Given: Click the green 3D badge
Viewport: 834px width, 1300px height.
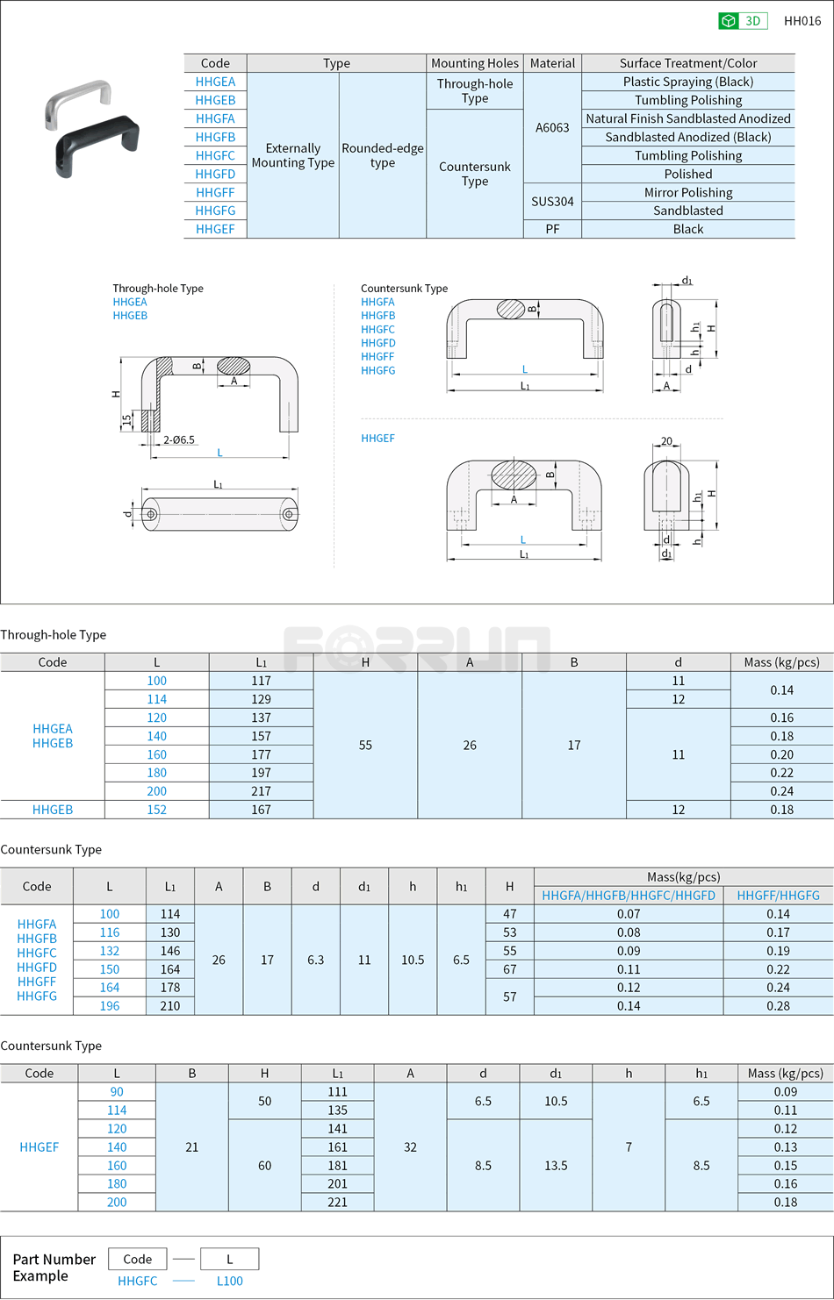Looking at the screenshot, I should (x=743, y=21).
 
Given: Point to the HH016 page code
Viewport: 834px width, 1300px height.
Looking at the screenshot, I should (x=802, y=21).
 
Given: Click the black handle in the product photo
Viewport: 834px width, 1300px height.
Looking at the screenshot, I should (x=97, y=144).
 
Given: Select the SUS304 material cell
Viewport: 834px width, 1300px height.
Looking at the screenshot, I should (x=552, y=202).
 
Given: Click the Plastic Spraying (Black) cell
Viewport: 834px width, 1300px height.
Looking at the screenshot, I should (x=688, y=82).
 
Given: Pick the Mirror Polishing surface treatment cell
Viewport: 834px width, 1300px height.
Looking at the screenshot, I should (x=688, y=192).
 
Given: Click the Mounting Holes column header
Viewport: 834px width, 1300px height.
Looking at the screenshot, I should (x=475, y=63).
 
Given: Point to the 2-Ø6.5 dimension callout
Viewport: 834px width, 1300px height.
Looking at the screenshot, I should (x=179, y=439).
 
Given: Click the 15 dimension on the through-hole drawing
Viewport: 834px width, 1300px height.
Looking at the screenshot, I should (x=127, y=420).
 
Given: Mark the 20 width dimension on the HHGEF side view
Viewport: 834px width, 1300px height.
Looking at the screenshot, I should (x=666, y=441).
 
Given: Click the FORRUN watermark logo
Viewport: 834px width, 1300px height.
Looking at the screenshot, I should (x=417, y=649).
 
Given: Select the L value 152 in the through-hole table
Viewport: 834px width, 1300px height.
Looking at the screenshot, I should (x=157, y=810).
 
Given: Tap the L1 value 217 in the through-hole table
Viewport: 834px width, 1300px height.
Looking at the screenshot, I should (x=262, y=791).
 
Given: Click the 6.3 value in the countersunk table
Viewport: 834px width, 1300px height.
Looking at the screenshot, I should (x=316, y=960).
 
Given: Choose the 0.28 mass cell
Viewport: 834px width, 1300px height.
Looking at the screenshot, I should (x=778, y=1006).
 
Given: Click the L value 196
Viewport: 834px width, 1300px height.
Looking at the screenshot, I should (x=110, y=1006).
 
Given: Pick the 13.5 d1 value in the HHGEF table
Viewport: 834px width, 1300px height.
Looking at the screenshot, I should (x=556, y=1166).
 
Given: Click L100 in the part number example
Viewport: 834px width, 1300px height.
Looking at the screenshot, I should (x=230, y=1281).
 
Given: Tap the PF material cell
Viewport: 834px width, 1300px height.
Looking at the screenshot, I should (x=552, y=229).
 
